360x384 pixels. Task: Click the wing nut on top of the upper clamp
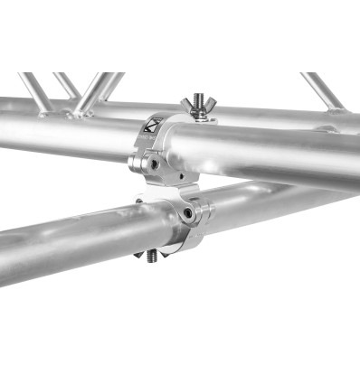point(194,105)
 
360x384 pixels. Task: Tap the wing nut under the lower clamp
point(151,255)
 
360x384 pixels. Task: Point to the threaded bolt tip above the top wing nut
point(195,93)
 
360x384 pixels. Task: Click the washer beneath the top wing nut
point(194,116)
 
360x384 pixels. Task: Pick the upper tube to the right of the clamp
point(271,154)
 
